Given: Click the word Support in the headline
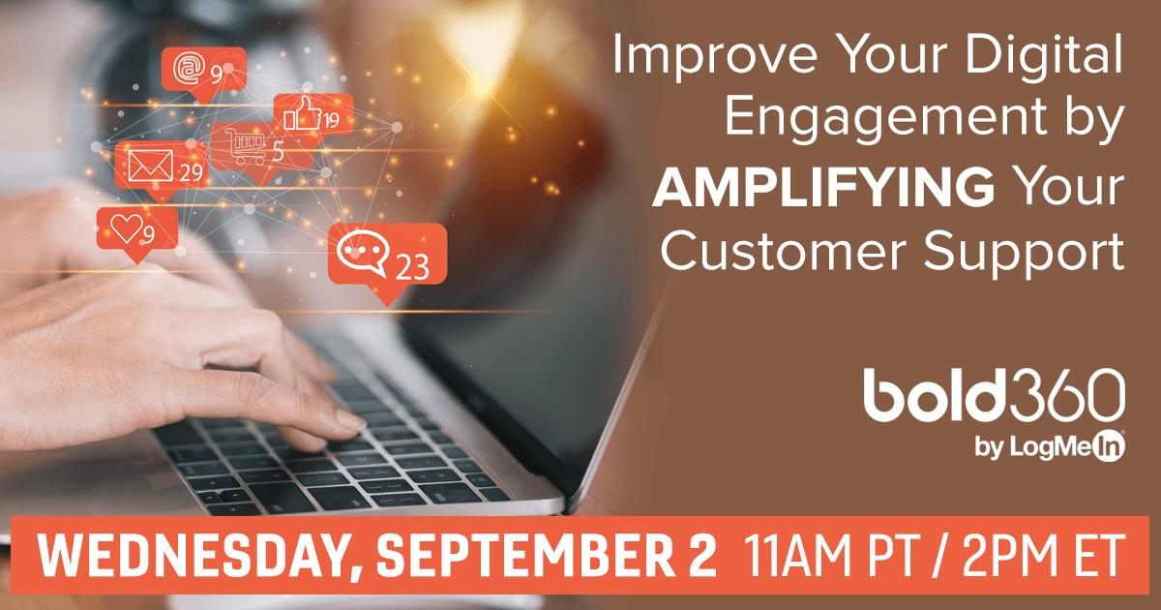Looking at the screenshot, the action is pyautogui.click(x=1025, y=252).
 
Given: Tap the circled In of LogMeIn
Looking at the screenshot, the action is pyautogui.click(x=1109, y=447).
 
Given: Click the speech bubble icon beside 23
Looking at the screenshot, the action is pyautogui.click(x=362, y=252).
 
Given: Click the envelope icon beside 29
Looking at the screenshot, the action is pyautogui.click(x=150, y=166).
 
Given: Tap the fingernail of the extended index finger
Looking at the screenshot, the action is pyautogui.click(x=351, y=419).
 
